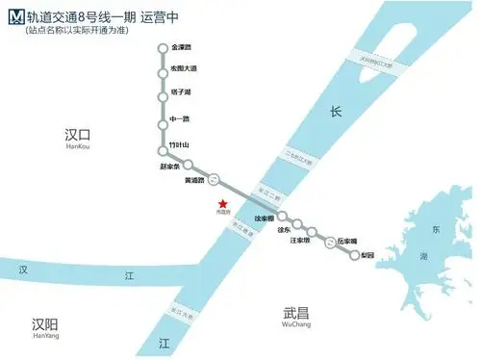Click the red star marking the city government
point(223,203)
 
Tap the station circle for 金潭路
point(162,47)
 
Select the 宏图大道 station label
point(183,69)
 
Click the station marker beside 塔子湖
point(162,92)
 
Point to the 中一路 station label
point(179,118)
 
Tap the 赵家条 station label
point(169,166)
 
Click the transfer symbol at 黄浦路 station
point(215,178)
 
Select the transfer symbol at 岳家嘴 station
point(331,244)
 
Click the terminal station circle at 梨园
point(354,255)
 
